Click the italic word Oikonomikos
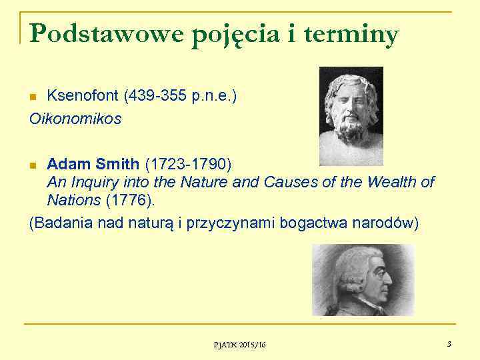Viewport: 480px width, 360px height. point(75,119)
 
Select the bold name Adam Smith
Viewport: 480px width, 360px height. point(93,163)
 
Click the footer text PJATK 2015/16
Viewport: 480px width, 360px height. point(239,344)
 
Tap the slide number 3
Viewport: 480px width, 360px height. point(449,343)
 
